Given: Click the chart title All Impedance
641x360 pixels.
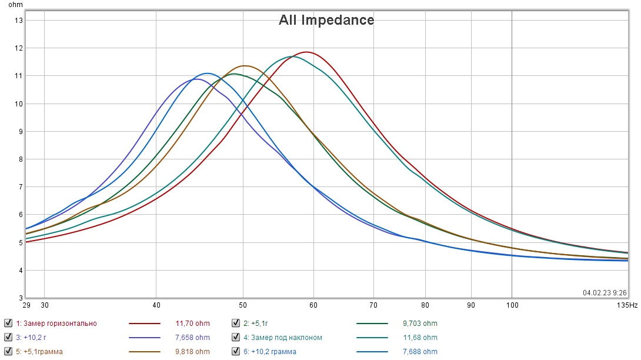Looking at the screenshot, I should point(326,20).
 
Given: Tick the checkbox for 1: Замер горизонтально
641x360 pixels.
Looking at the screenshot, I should point(8,323).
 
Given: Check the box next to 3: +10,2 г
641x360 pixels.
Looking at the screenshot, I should point(8,338).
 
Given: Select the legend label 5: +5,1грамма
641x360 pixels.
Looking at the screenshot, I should point(39,352).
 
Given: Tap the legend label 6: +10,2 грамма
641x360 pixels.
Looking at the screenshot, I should point(269,352).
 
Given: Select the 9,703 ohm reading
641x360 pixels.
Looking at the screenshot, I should point(420,323).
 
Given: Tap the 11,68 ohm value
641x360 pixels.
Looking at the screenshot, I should point(420,338).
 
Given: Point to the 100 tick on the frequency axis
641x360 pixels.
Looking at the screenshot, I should point(512,305).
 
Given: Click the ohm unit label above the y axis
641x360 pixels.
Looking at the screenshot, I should point(15,5).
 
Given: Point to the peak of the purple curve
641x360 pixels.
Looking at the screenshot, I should point(197,79).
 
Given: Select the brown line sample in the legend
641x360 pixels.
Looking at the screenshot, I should point(145,352).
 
